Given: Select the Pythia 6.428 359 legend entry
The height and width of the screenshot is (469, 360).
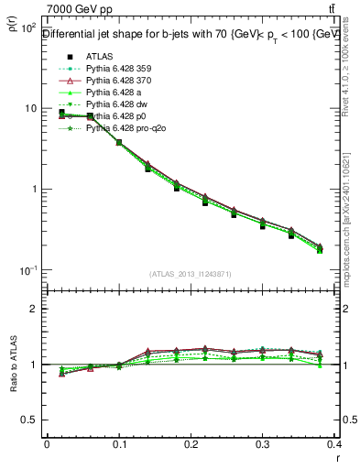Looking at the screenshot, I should [120, 69].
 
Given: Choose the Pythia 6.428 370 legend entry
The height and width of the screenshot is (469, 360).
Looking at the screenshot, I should [120, 81].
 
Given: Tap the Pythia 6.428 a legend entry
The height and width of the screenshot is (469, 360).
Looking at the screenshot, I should [115, 93].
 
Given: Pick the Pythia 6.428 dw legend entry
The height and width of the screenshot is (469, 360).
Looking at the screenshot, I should [117, 104].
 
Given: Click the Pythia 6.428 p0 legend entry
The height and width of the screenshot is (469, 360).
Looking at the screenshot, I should [117, 116].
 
